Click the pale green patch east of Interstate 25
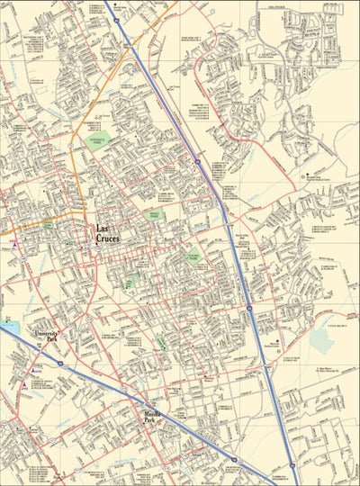pyautogui.click(x=322, y=341)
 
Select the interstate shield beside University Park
pyautogui.click(x=60, y=363)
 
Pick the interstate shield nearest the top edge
pyautogui.click(x=115, y=19)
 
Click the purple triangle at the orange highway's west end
pyautogui.click(x=14, y=243)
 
